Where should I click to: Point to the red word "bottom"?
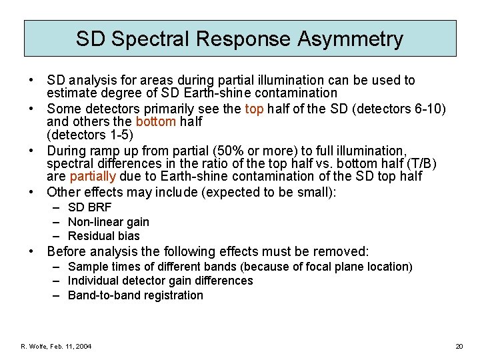pos(155,122)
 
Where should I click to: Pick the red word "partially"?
pos(93,176)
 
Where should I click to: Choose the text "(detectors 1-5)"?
pos(90,135)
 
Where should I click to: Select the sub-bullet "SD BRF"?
pos(89,207)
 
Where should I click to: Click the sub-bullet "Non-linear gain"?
pos(108,221)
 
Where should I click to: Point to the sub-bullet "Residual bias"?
pos(103,235)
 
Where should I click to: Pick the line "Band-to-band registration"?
pos(135,295)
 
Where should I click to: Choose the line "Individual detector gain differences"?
pos(160,281)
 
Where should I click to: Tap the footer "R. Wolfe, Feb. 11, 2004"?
pos(57,346)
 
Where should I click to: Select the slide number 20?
pos(459,346)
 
